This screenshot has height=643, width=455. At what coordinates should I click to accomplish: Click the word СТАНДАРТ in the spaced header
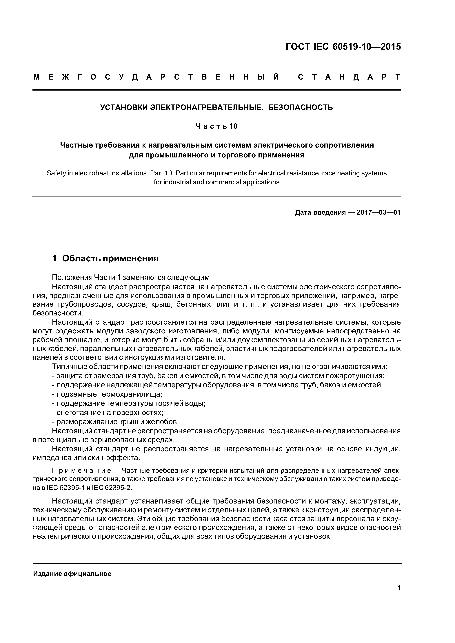[x=349, y=77]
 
